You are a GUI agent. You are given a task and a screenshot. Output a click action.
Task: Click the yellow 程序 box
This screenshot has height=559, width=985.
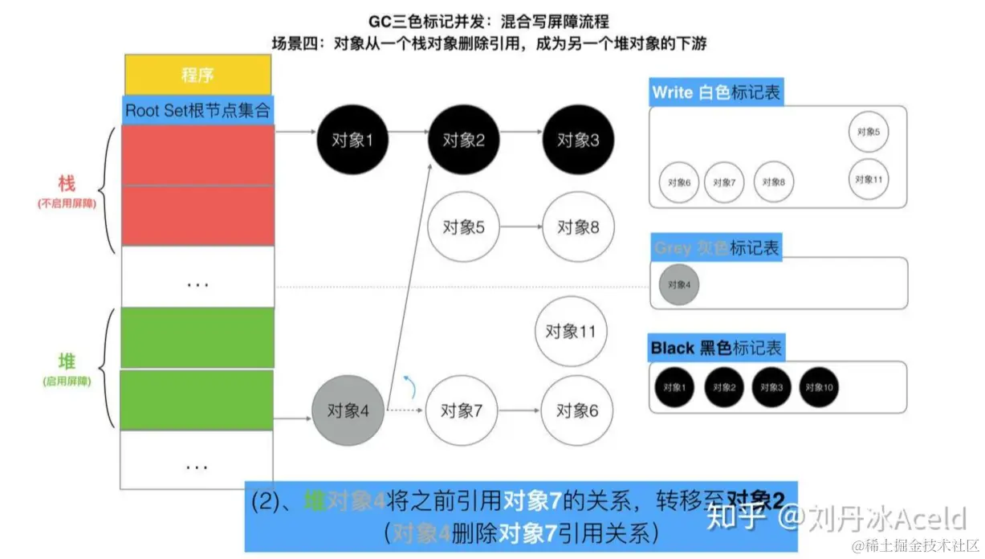pos(197,75)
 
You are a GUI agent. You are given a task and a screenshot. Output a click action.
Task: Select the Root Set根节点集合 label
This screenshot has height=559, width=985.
pos(197,110)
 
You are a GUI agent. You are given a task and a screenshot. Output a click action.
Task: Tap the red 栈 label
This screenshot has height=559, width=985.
pos(66,184)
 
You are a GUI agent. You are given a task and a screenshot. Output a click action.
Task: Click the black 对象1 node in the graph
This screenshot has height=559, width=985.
pos(352,140)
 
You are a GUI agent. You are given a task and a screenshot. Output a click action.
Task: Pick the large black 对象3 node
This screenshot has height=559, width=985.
pos(577,140)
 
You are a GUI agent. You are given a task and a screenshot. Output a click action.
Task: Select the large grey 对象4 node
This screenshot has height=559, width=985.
pos(348,410)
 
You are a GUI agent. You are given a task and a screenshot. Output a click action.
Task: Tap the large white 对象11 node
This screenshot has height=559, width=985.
pos(571,330)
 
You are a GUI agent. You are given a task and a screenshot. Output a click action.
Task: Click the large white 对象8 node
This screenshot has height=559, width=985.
pos(577,227)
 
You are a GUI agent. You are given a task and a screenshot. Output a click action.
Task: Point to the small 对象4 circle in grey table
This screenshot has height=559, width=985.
pos(678,284)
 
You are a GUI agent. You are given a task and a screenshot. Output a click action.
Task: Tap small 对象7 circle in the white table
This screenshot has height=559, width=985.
pos(724,182)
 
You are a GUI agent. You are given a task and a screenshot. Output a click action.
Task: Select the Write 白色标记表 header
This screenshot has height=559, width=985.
pos(715,92)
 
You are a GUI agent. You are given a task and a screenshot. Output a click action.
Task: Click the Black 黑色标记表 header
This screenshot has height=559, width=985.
pos(715,348)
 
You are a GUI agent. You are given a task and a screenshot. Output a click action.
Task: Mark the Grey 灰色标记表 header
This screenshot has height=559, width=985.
pos(715,248)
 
